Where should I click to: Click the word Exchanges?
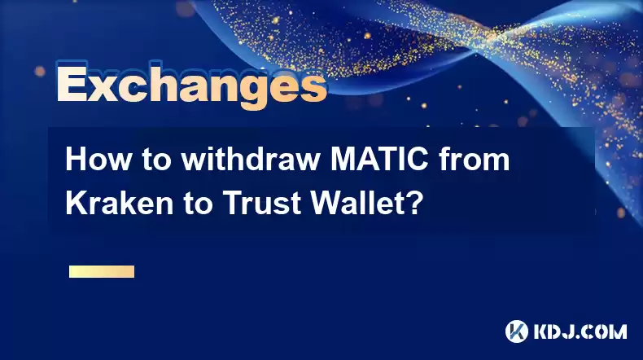point(191,85)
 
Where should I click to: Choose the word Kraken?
point(120,203)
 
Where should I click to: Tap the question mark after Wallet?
point(412,203)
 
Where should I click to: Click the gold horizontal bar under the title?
point(102,271)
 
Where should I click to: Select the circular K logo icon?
point(516,331)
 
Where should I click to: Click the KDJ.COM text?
point(580,331)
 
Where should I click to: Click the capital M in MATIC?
point(344,160)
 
